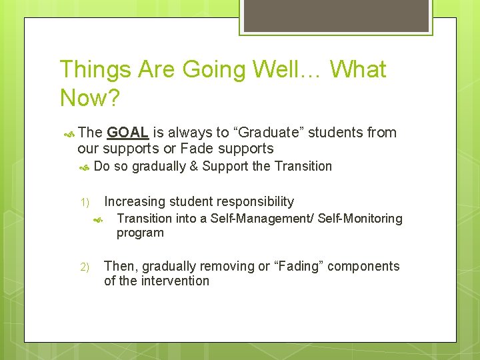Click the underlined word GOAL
[127, 133]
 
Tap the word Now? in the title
[90, 98]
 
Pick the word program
[140, 233]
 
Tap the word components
[367, 266]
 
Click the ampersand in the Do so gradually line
[194, 167]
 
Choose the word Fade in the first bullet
[195, 147]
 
